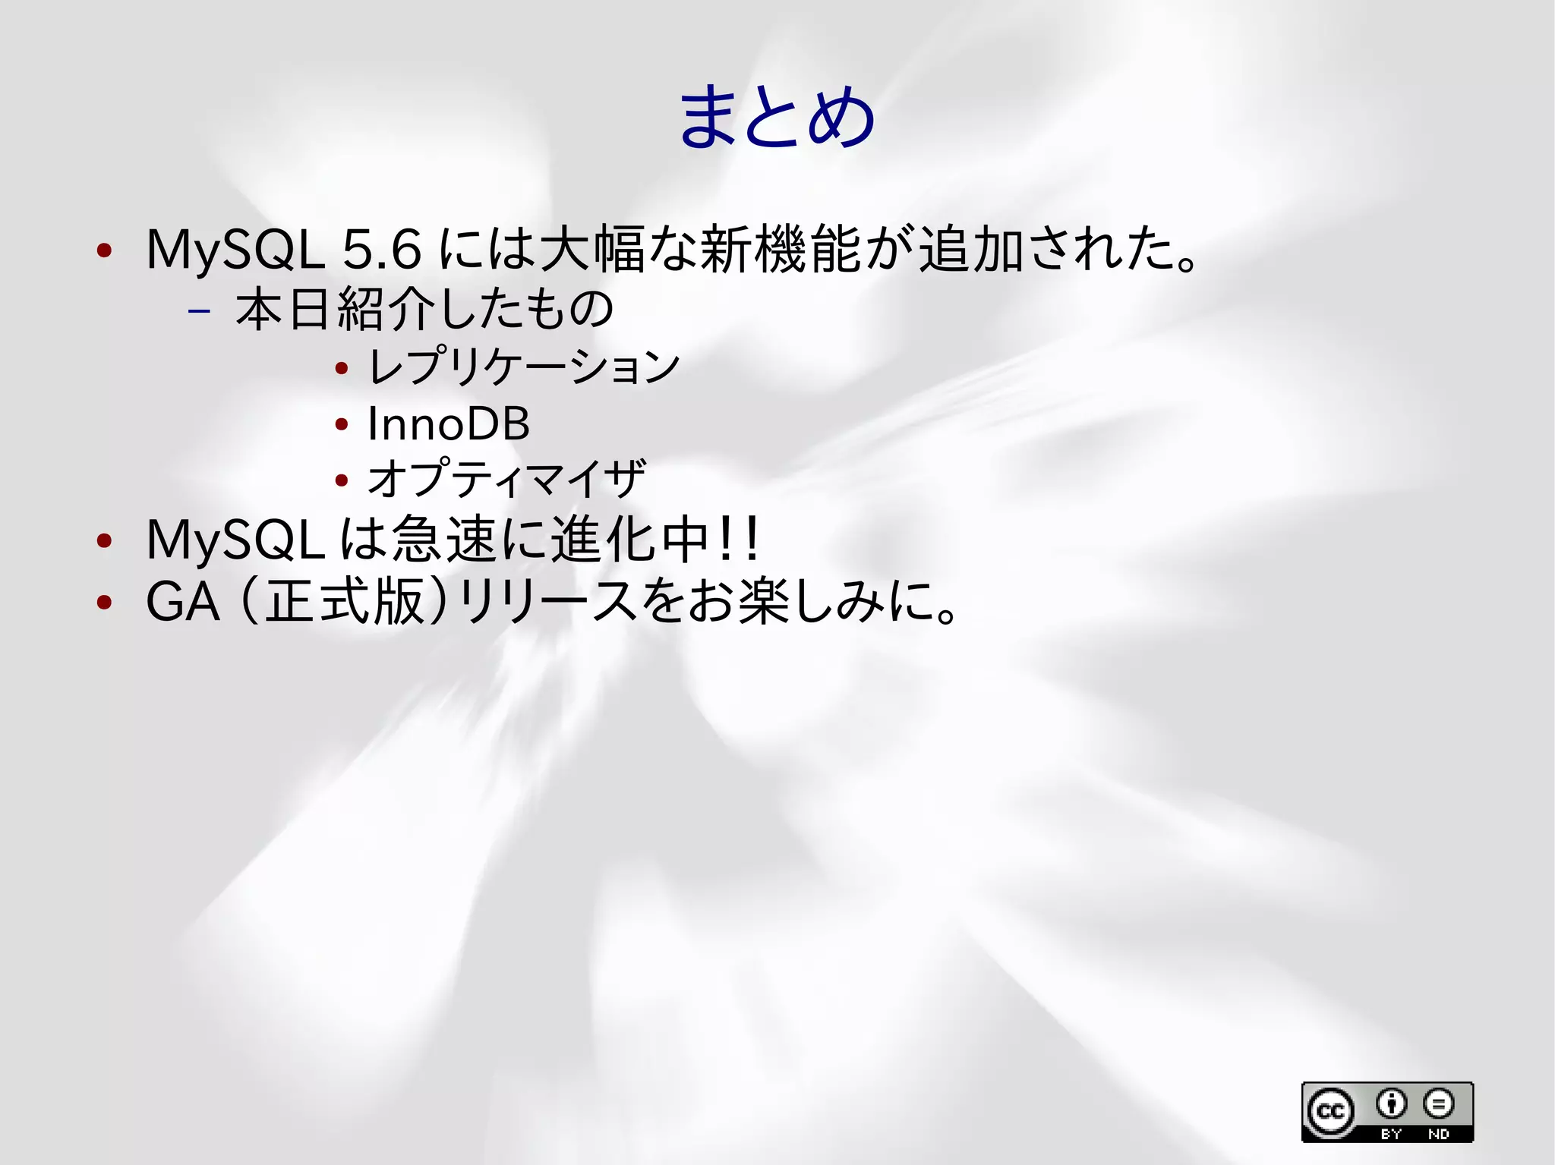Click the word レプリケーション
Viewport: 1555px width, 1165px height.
523,367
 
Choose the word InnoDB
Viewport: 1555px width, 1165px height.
448,423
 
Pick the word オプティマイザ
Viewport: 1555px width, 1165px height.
506,478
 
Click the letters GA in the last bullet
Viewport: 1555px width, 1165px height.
183,603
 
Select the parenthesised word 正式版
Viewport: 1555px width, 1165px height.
344,603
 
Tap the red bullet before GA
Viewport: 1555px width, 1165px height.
105,603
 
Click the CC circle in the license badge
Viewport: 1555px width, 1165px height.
1329,1112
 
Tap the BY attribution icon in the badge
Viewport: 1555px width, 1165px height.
1391,1104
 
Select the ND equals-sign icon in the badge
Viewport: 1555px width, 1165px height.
1438,1104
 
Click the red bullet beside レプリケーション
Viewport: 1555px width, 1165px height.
342,369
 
